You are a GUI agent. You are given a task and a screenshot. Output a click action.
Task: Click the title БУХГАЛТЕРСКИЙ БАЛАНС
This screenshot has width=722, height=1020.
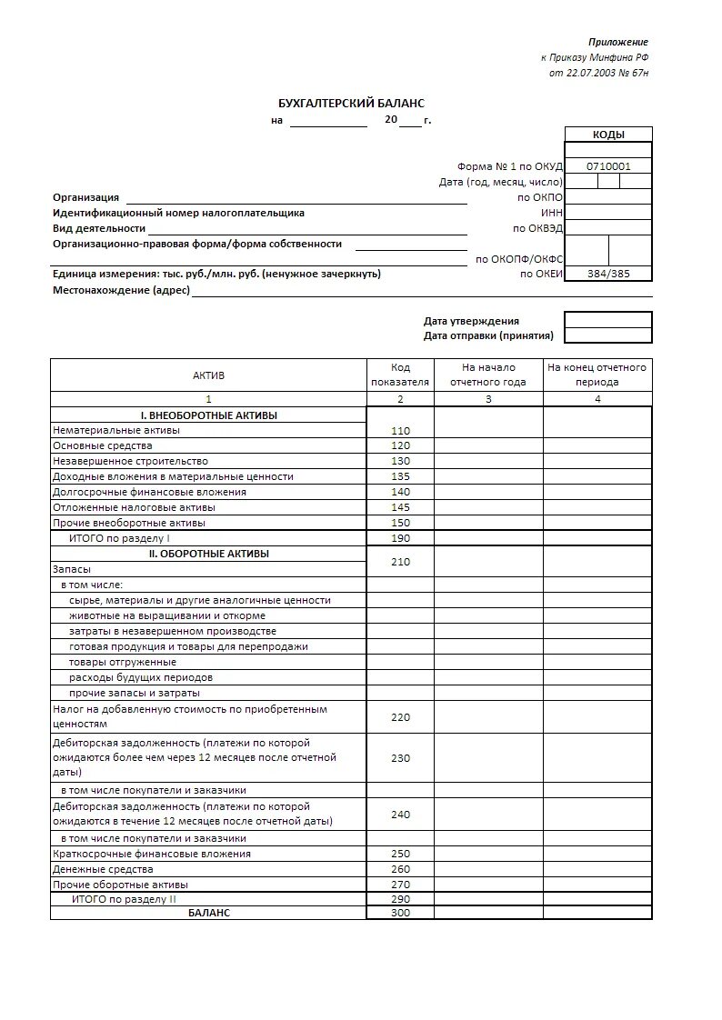(x=351, y=104)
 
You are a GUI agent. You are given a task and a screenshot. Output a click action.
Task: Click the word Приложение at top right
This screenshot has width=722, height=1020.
(x=617, y=42)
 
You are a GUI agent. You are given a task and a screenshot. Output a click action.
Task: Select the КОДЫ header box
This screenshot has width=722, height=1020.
(x=608, y=135)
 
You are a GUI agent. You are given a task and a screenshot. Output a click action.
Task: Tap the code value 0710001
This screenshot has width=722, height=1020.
(x=608, y=166)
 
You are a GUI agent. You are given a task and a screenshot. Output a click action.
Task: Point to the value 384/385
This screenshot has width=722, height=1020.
(x=608, y=274)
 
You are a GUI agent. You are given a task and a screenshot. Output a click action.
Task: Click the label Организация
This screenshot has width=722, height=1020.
(x=85, y=197)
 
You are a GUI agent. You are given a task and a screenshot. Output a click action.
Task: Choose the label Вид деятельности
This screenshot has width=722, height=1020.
(x=99, y=228)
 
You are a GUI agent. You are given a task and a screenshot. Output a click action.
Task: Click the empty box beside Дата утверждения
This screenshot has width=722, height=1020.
(x=608, y=320)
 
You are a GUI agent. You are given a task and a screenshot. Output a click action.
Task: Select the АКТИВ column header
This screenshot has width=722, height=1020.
(x=208, y=375)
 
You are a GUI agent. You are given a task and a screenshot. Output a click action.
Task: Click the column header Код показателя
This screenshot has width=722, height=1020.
(x=400, y=375)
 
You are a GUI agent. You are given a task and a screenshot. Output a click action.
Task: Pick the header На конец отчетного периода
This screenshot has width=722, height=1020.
(x=597, y=375)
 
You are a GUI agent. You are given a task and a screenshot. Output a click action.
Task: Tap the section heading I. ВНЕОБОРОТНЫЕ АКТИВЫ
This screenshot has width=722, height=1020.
(x=208, y=415)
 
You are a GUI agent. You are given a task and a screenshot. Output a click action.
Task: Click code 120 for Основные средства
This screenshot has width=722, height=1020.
(x=400, y=446)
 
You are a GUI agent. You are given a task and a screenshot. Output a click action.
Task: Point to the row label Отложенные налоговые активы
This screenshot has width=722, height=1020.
(x=134, y=507)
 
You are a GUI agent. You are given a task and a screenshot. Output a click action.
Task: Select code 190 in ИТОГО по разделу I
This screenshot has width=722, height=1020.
(x=400, y=538)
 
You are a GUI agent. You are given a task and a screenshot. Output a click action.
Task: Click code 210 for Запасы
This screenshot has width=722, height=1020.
(x=400, y=562)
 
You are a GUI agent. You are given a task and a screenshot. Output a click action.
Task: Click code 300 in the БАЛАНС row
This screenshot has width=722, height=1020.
(x=400, y=912)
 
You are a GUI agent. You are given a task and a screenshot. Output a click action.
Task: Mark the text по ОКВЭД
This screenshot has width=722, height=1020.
(x=538, y=228)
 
